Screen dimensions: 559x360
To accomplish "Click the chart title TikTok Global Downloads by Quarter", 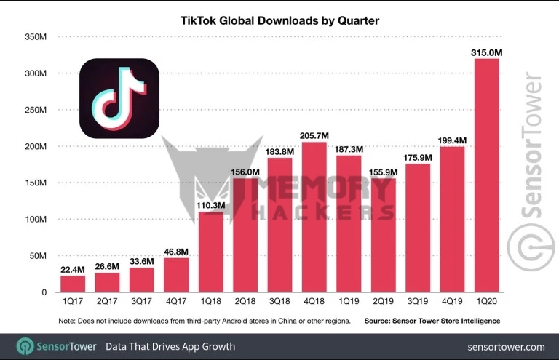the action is [279, 20].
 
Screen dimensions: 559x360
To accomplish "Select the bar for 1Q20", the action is [487, 175].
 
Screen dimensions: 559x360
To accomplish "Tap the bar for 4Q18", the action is [314, 217].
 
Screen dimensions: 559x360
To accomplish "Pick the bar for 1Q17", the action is [73, 284].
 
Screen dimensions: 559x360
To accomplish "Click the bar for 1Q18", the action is [210, 252].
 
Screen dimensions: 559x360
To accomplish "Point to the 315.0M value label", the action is [487, 52].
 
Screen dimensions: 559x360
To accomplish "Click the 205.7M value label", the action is [314, 136].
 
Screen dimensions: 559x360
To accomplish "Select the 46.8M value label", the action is [176, 252].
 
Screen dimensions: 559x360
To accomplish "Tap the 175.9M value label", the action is [418, 157].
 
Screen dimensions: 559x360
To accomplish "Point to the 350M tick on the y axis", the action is [36, 37].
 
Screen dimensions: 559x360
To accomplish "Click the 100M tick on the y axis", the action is [36, 220].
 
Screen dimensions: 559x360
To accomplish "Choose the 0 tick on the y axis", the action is [44, 292].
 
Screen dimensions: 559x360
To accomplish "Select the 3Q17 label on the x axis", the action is [141, 301].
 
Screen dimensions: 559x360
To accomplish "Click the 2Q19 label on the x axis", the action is [384, 301].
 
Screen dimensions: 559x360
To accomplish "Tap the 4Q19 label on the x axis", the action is [452, 301].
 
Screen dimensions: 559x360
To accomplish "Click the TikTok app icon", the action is [119, 98].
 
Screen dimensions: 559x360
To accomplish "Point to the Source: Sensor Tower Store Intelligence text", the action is [432, 321].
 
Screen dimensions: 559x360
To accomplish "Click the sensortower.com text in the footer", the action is [506, 347].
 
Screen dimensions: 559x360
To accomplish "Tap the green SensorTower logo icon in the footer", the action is [25, 346].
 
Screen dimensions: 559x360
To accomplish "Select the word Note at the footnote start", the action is [67, 321].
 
